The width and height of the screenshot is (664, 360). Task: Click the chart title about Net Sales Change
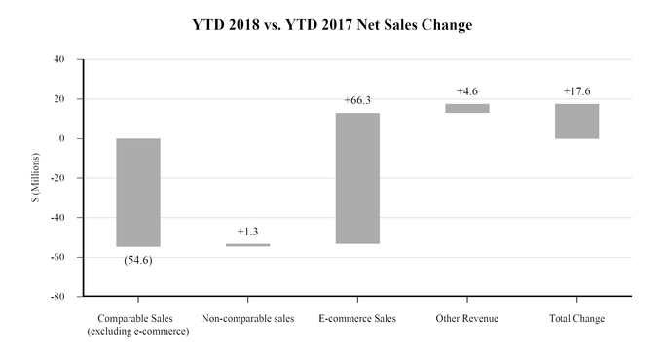coord(332,25)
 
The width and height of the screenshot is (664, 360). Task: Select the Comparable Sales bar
coord(138,193)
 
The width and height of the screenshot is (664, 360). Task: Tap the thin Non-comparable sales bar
coord(247,245)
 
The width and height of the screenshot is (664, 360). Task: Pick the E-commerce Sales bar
coord(357,178)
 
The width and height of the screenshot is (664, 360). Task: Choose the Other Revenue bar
coord(467,108)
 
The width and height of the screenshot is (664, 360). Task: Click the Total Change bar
coord(576,121)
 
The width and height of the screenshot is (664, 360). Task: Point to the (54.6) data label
coord(138,260)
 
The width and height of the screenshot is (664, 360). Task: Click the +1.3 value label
coord(247,232)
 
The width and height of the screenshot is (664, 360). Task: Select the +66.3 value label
coord(357,100)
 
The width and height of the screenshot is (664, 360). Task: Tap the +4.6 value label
coord(467,91)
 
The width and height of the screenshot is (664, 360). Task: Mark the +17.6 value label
coord(576,91)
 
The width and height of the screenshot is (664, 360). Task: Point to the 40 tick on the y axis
coord(59,59)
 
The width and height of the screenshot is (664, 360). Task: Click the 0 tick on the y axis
coord(62,138)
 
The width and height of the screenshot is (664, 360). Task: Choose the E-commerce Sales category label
coord(357,319)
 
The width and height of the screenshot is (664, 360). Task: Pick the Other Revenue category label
coord(467,319)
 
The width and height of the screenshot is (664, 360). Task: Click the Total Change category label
coord(576,319)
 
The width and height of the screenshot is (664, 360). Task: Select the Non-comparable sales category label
coord(247,319)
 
